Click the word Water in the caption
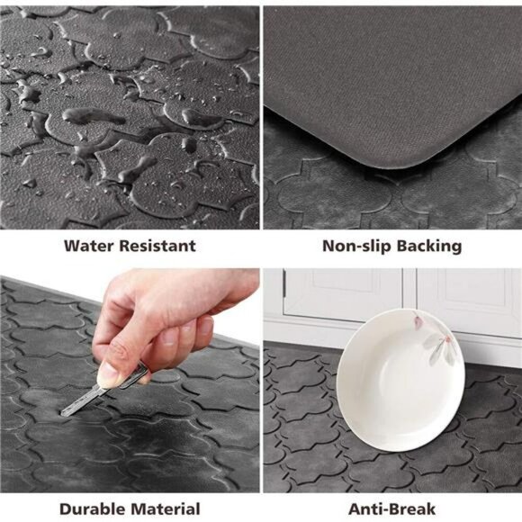coord(89,246)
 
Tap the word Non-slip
coord(353,246)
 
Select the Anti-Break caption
coord(392,508)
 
